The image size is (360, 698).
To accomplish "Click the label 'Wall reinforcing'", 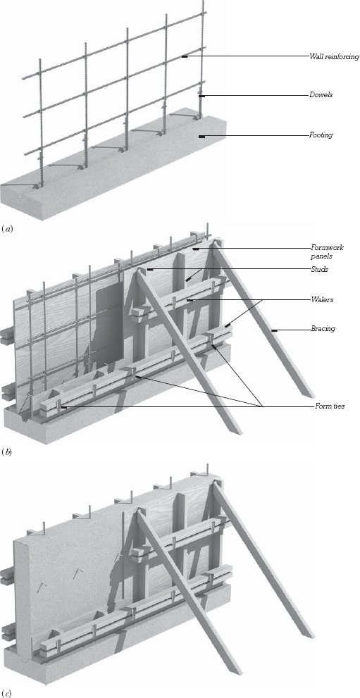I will click(x=334, y=56).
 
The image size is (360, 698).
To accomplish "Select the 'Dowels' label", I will click(x=321, y=94).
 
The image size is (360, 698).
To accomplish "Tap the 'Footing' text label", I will click(x=322, y=135).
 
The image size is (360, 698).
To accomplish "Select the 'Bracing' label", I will click(x=323, y=329).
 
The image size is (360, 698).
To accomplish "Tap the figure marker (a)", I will click(x=8, y=228).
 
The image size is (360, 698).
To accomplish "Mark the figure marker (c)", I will click(x=8, y=692).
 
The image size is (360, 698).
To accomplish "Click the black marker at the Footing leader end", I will click(x=202, y=135).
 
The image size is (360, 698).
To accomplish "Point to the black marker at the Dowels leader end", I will click(x=201, y=95).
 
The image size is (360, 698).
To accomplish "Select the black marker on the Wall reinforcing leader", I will click(x=184, y=57).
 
